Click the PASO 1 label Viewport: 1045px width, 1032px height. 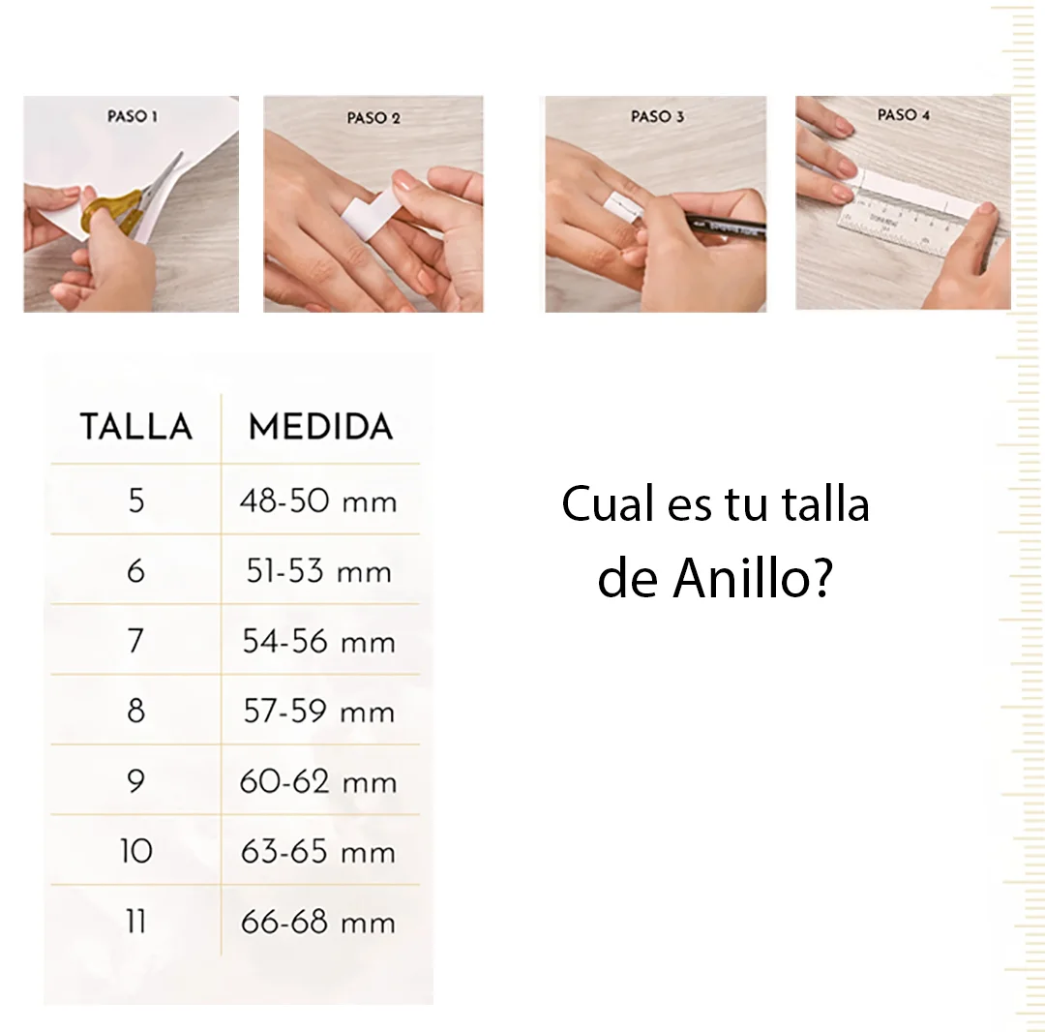tap(133, 116)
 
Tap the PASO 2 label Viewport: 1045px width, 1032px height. tap(373, 118)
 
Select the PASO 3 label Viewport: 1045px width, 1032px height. tap(657, 117)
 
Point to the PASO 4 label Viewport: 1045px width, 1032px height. tap(903, 114)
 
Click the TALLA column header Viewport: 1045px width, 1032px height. tap(136, 427)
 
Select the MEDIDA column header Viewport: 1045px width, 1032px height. tap(320, 427)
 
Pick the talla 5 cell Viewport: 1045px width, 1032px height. tap(136, 501)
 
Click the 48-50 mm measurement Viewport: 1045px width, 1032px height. tap(318, 501)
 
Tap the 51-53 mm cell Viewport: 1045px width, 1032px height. tap(318, 571)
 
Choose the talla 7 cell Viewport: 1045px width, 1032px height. tap(136, 641)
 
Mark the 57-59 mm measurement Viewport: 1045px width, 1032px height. tap(318, 712)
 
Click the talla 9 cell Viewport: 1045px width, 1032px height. tap(136, 780)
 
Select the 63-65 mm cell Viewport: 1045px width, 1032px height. tap(318, 851)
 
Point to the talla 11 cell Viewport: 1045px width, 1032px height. tap(136, 922)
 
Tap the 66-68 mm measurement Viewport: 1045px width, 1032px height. tap(318, 922)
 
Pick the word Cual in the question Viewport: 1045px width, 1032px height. tap(607, 503)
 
